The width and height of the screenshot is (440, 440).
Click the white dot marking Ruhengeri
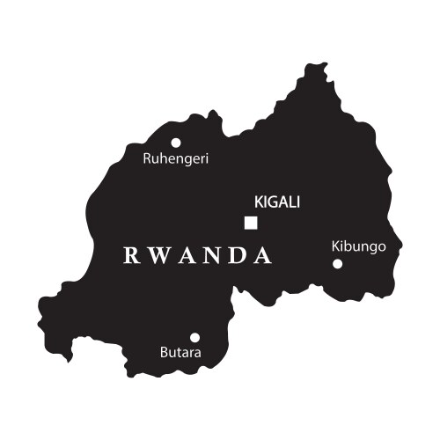176,143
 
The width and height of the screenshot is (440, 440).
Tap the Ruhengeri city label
176,159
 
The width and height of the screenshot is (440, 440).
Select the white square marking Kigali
251,223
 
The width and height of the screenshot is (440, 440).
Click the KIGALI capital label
276,202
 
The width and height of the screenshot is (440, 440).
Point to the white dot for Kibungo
337,263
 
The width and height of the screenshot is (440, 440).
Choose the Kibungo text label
359,246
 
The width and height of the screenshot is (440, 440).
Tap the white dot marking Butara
194,337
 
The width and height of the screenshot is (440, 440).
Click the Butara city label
180,354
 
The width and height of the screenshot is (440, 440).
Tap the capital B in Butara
164,354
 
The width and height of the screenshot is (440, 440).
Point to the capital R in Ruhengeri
147,159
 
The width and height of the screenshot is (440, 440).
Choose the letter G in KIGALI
271,202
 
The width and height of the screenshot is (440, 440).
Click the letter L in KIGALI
291,202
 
